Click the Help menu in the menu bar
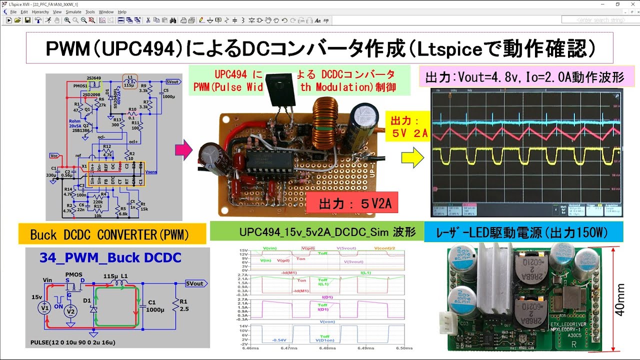122,11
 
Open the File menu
13,11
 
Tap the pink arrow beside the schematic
184,150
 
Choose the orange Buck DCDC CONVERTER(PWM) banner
112,234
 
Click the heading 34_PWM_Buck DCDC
110,258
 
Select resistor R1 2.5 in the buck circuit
175,304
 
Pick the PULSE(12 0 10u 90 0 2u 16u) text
73,342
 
